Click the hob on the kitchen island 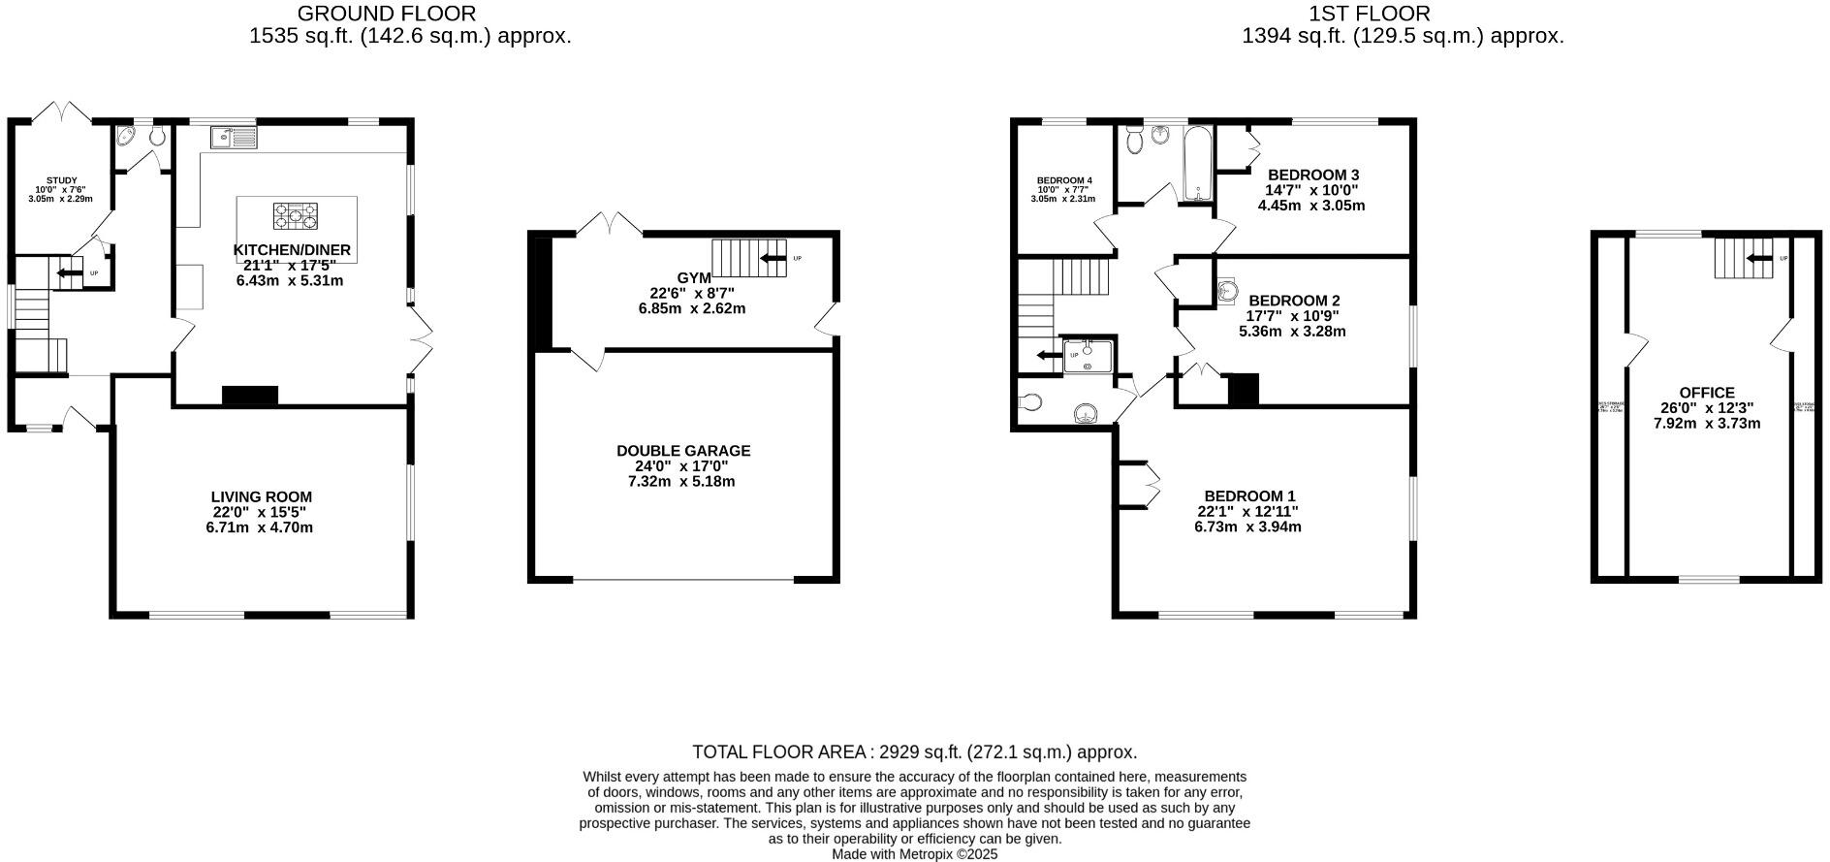point(296,215)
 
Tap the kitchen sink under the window point(232,138)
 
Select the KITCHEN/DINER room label point(292,250)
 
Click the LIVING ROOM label point(262,497)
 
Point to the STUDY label point(61,180)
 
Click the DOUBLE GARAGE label point(683,451)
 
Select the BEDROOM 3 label point(1312,175)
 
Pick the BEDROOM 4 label point(1064,180)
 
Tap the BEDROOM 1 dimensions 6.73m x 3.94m point(1247,527)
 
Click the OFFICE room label point(1707,393)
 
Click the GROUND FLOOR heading point(386,14)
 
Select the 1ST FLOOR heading point(1369,14)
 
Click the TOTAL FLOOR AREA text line point(914,752)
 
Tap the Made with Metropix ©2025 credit point(914,854)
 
